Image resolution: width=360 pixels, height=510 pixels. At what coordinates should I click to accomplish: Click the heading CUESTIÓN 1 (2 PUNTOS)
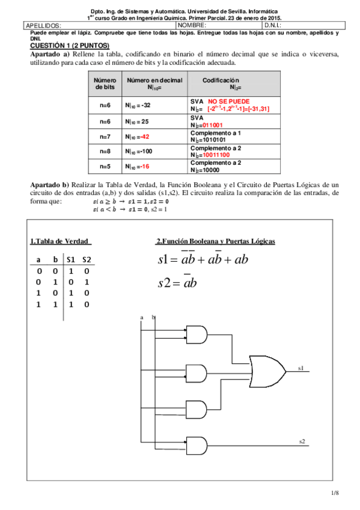tap(70, 45)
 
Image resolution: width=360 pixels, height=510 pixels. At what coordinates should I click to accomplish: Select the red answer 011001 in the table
tap(218, 124)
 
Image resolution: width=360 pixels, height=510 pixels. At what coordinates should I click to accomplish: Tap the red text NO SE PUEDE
tap(228, 101)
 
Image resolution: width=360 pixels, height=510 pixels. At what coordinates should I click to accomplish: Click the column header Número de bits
tap(105, 84)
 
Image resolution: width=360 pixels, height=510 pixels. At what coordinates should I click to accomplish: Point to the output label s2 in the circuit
tap(302, 441)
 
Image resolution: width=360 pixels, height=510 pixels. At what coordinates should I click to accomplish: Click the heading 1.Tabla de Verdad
tap(60, 242)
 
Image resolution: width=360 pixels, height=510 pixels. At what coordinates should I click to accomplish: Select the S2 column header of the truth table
tap(87, 259)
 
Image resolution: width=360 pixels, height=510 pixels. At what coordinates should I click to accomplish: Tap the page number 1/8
tap(335, 493)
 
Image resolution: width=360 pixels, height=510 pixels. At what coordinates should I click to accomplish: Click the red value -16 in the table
tap(145, 166)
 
